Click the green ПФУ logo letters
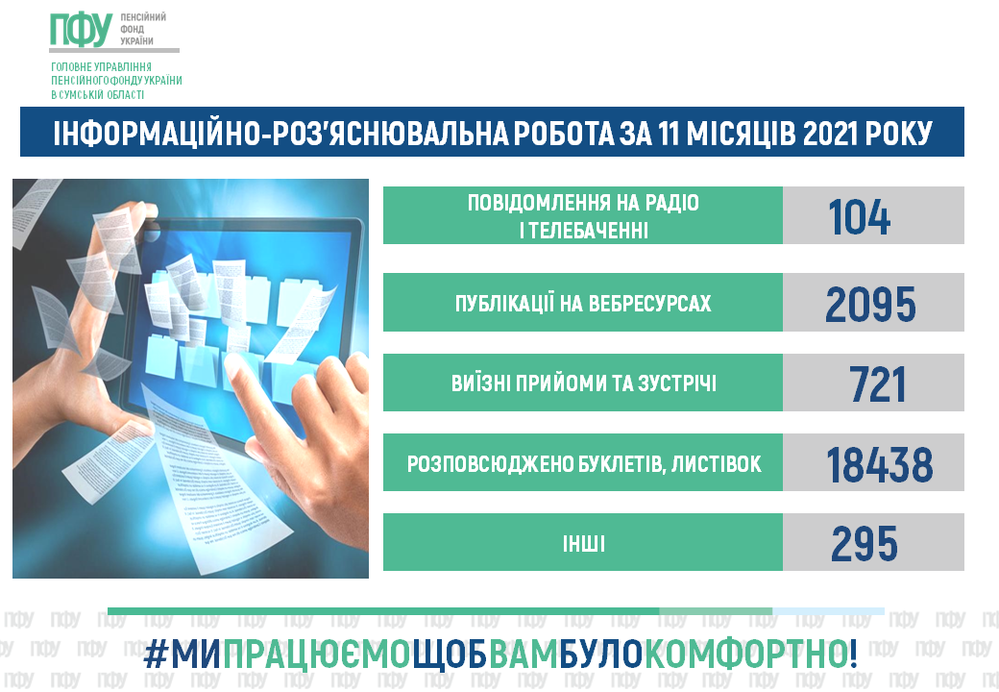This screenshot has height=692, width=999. tap(82, 30)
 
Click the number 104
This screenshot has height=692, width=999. tap(859, 217)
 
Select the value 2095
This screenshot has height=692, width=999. tap(870, 304)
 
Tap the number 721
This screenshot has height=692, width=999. tap(877, 384)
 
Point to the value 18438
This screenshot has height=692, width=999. tap(879, 464)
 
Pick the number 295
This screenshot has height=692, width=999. tap(865, 544)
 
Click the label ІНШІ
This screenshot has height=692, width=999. tap(584, 544)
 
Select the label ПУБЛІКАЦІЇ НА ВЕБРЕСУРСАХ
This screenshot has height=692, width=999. tap(583, 304)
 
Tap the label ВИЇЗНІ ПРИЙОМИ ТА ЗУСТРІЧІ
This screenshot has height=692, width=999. tap(584, 383)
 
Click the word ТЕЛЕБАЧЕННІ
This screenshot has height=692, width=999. tap(589, 230)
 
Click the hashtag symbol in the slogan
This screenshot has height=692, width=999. tap(155, 655)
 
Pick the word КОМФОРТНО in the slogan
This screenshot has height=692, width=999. tap(745, 655)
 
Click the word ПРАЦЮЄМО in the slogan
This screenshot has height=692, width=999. tap(317, 655)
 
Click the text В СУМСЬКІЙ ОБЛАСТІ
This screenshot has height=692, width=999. tap(97, 95)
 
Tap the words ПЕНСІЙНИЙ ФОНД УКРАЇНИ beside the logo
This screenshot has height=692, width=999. tap(143, 29)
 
